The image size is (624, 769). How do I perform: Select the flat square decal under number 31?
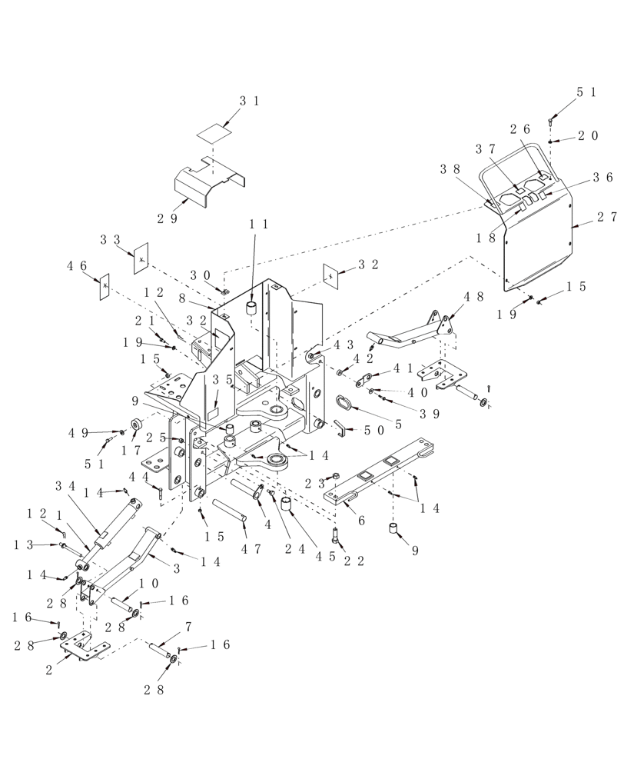213,131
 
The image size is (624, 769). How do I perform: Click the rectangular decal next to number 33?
141,258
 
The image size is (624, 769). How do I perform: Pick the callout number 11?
258,225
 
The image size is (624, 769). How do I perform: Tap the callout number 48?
473,297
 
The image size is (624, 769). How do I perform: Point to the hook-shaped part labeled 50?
340,427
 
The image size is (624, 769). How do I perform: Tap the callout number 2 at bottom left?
49,670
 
